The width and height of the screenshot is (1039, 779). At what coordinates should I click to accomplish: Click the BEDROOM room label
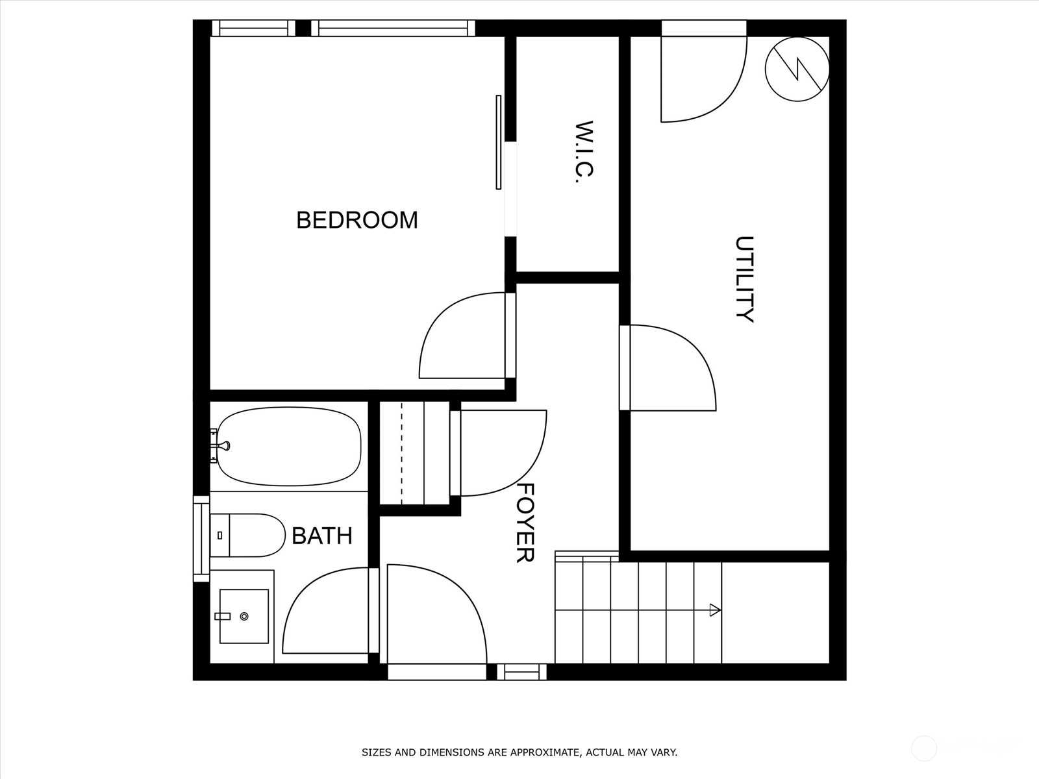click(357, 220)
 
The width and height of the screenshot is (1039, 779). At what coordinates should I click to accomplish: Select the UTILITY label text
click(744, 279)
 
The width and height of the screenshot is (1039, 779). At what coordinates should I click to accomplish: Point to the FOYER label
click(525, 523)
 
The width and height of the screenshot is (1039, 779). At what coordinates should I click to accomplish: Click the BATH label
click(322, 536)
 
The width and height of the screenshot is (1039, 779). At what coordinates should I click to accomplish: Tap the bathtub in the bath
click(289, 446)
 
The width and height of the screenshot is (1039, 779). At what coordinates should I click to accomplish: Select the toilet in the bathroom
click(247, 535)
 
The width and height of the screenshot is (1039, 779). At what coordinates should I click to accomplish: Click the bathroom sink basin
click(244, 616)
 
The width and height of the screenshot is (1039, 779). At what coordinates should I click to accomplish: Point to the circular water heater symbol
click(797, 69)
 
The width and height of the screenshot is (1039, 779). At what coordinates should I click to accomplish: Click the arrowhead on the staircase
click(715, 610)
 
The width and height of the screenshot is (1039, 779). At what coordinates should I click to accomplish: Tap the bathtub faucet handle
click(223, 445)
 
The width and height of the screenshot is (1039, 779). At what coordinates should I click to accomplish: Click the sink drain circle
click(244, 616)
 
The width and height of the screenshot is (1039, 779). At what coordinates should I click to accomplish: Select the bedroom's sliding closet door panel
click(499, 142)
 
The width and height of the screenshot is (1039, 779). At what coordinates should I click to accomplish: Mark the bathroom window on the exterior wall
click(202, 539)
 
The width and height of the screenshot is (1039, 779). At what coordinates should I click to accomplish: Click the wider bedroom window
click(393, 29)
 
